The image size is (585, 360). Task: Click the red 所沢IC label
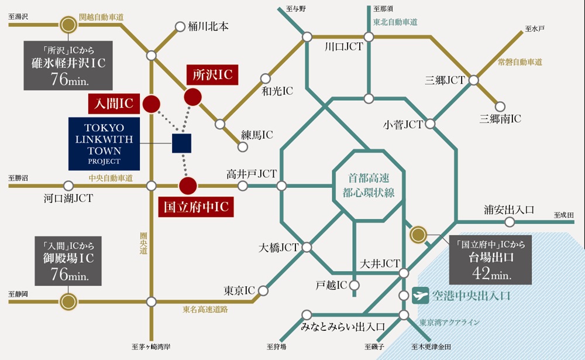pos(212,74)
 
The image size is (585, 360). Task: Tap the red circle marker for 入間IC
pos(152,104)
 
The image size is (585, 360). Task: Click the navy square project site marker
pos(182,143)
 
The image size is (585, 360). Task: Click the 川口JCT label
pos(344,47)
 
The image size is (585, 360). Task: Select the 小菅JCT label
pos(402,124)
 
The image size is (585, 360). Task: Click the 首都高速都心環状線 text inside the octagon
pos(369,186)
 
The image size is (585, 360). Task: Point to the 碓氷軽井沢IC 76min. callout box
pos(68,65)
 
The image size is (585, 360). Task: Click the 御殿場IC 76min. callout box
pos(68,260)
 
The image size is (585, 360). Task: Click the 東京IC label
pos(240,290)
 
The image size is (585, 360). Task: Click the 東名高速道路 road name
pos(205,308)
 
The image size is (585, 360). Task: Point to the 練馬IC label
pos(257,135)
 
